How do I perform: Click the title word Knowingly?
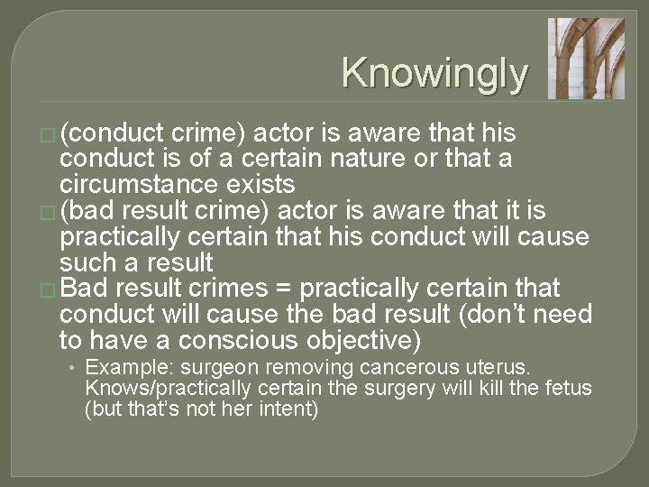coord(434,73)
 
